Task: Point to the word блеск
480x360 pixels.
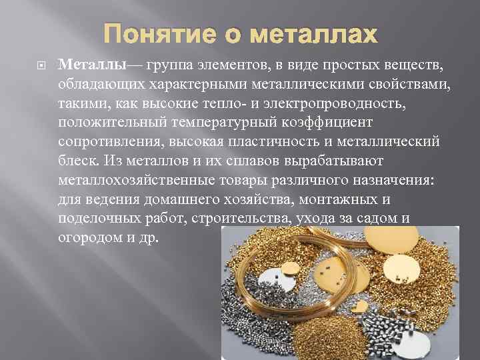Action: [77, 161]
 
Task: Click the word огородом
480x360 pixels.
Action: [91, 239]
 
